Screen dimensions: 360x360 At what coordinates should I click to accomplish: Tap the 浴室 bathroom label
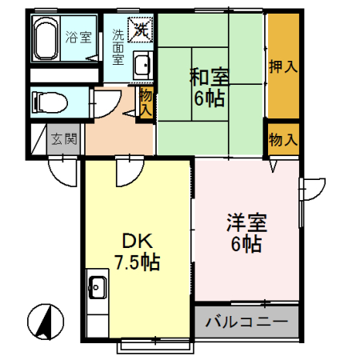click(x=79, y=36)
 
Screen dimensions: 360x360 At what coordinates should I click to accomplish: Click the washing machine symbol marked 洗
click(x=141, y=31)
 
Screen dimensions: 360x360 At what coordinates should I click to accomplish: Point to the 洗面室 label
click(x=118, y=46)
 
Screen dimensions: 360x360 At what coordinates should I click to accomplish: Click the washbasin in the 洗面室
click(x=142, y=66)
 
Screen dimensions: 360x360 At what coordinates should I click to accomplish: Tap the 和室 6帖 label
click(x=209, y=88)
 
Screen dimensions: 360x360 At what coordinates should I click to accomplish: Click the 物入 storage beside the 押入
click(x=282, y=140)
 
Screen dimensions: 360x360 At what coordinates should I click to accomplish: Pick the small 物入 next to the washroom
click(x=146, y=102)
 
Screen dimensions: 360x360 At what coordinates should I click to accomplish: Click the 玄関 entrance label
click(x=64, y=139)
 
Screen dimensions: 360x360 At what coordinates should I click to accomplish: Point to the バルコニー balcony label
click(x=246, y=324)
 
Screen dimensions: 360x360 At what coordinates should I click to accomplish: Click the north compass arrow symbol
click(x=46, y=322)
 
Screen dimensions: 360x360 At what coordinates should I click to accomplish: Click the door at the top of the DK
click(x=126, y=168)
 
